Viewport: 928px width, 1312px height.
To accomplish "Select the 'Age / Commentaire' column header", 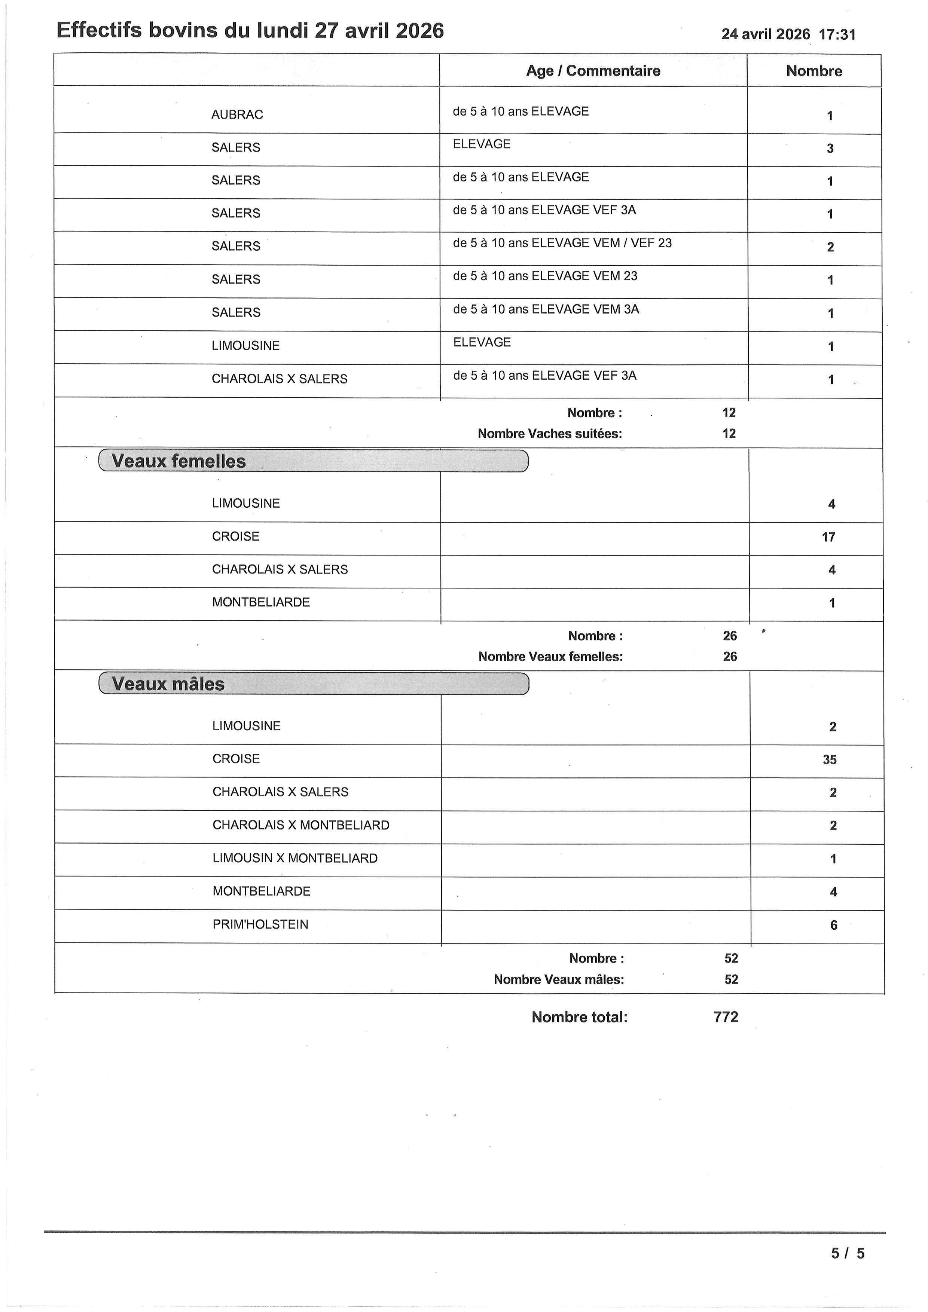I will pyautogui.click(x=593, y=71).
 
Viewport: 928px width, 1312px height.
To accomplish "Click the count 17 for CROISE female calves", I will pyautogui.click(x=828, y=537).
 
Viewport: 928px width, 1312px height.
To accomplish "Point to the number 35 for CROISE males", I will pyautogui.click(x=829, y=759).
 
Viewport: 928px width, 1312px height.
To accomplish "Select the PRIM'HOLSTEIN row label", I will pyautogui.click(x=260, y=924).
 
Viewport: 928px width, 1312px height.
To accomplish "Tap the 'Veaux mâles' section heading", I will pyautogui.click(x=168, y=684).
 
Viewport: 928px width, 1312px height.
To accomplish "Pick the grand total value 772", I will pyautogui.click(x=726, y=1017).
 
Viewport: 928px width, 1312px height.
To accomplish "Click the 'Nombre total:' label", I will pyautogui.click(x=579, y=1017).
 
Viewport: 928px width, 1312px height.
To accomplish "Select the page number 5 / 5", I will pyautogui.click(x=848, y=1254).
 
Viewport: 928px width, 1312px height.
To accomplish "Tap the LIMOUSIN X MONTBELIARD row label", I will pyautogui.click(x=295, y=858).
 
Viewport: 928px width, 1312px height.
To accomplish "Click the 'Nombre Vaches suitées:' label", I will pyautogui.click(x=550, y=434).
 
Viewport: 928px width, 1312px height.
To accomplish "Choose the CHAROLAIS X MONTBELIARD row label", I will pyautogui.click(x=300, y=825).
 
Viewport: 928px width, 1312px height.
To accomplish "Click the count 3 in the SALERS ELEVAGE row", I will pyautogui.click(x=830, y=149).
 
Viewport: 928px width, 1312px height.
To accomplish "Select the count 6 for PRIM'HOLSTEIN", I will pyautogui.click(x=833, y=925).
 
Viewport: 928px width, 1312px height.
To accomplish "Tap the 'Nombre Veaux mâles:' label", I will pyautogui.click(x=558, y=979).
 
